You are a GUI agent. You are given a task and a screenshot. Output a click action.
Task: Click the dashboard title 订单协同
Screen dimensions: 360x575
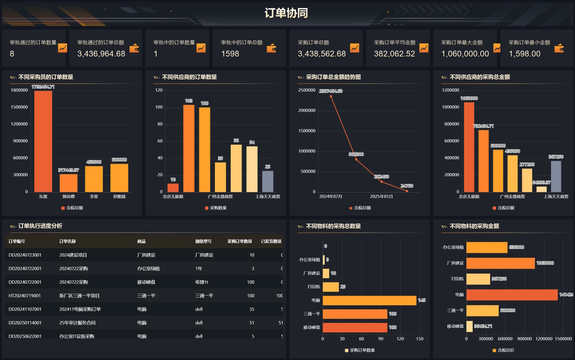286,13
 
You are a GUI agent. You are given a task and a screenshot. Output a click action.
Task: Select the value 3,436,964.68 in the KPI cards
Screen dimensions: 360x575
101,54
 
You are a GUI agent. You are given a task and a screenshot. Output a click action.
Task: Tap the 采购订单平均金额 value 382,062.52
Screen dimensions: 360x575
394,54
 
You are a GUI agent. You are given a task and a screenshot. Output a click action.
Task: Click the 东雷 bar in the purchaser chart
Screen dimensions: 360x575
43,141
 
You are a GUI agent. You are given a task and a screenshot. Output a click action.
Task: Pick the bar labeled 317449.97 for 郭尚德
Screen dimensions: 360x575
68,183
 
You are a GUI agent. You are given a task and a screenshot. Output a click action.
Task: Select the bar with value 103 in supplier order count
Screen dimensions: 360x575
188,148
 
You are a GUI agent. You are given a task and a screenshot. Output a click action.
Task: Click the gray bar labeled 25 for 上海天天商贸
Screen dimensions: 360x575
267,181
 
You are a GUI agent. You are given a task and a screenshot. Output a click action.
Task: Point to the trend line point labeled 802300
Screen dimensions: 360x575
356,159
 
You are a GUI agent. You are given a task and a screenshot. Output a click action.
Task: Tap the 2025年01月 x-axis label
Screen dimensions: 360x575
382,197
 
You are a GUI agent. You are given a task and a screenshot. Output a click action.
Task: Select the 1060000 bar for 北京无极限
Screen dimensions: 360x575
469,147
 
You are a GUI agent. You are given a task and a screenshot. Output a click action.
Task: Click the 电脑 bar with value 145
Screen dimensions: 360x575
369,300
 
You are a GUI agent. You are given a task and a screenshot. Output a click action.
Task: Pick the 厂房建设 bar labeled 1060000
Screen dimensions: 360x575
500,263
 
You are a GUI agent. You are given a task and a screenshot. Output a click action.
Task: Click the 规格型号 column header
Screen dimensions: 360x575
203,241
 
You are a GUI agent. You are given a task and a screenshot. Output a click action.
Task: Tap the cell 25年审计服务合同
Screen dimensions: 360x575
77,323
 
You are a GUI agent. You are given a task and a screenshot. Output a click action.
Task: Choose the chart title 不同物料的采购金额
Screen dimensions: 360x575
474,226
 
